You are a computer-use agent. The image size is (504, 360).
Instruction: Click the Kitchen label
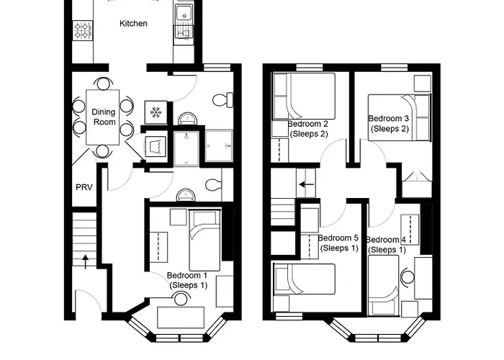pyautogui.click(x=133, y=24)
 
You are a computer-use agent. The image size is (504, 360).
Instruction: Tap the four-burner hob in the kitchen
pyautogui.click(x=82, y=31)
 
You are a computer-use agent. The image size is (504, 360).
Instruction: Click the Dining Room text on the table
pyautogui.click(x=103, y=117)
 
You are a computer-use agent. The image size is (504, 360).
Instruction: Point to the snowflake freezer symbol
pyautogui.click(x=156, y=112)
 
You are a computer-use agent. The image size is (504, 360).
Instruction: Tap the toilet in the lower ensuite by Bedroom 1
pyautogui.click(x=213, y=186)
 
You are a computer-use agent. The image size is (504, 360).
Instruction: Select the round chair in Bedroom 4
pyautogui.click(x=408, y=276)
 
